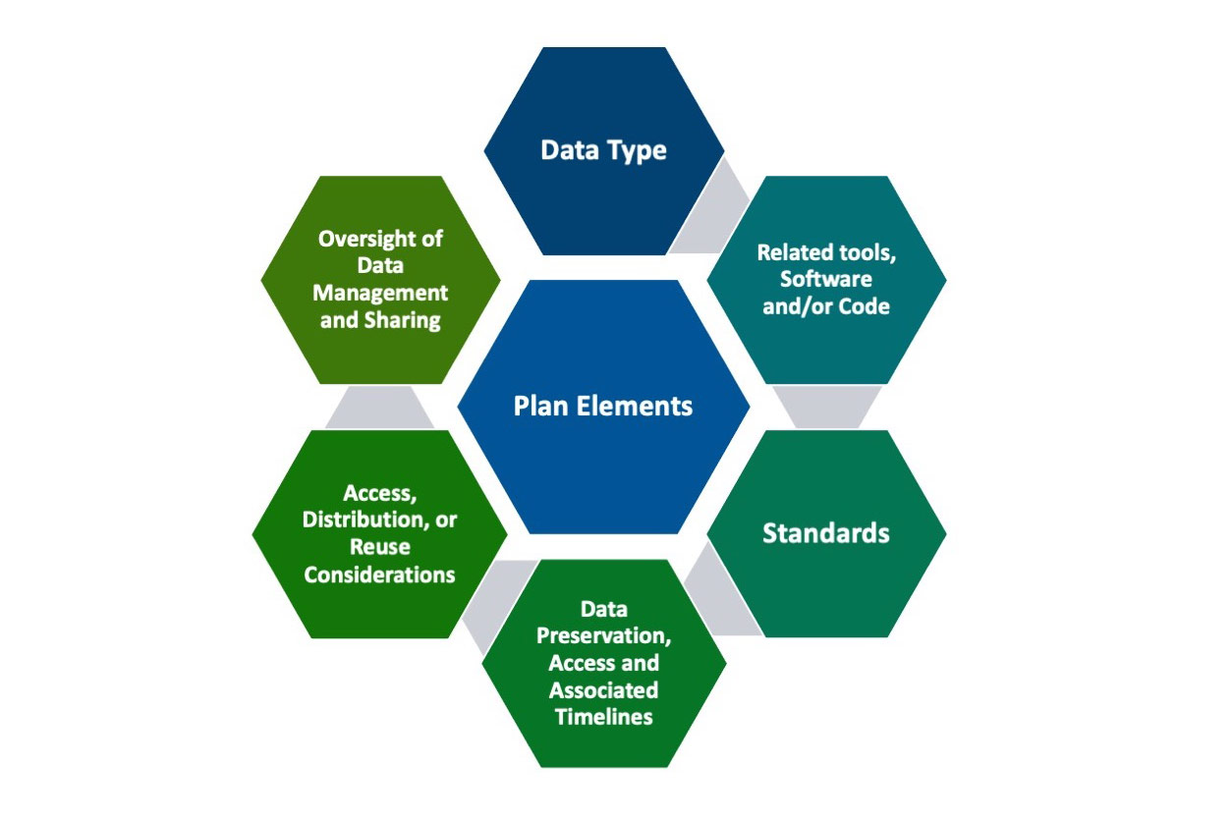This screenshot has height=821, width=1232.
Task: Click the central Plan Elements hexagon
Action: pos(603,407)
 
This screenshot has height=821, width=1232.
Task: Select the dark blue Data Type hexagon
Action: pos(603,151)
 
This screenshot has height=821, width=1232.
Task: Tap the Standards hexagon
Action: pos(826,533)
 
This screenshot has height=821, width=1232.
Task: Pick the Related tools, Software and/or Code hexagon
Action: pos(826,280)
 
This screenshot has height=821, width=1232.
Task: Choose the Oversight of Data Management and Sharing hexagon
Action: pos(379,280)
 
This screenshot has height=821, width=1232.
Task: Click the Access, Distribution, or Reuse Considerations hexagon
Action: pos(379,533)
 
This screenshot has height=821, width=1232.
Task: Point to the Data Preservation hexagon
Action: pos(603,663)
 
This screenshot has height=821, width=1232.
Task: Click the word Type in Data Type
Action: pos(635,151)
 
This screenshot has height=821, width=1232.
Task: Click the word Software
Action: pos(826,280)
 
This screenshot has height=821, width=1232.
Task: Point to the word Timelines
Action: pos(603,717)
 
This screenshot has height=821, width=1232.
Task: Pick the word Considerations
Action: pos(379,575)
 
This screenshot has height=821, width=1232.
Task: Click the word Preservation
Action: pos(603,636)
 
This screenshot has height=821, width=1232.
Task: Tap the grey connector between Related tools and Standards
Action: pos(826,407)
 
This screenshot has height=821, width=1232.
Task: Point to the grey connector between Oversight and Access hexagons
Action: pos(379,407)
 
